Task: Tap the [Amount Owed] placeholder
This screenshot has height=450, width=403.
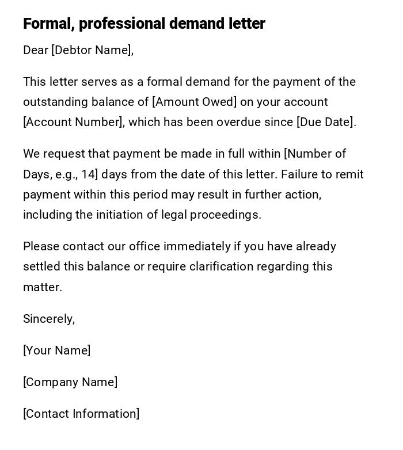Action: (x=195, y=102)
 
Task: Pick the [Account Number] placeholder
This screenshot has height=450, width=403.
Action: (x=73, y=122)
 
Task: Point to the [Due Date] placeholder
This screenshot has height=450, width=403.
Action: (x=325, y=122)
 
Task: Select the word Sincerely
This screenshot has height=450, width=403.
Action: (x=48, y=319)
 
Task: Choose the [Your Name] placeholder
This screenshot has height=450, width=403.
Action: (x=56, y=350)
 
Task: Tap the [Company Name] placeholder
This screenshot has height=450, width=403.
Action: (x=70, y=382)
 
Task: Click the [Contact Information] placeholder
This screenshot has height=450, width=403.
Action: (x=81, y=414)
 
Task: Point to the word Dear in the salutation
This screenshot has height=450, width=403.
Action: (x=36, y=50)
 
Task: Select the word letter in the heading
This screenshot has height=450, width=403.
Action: (x=248, y=24)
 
